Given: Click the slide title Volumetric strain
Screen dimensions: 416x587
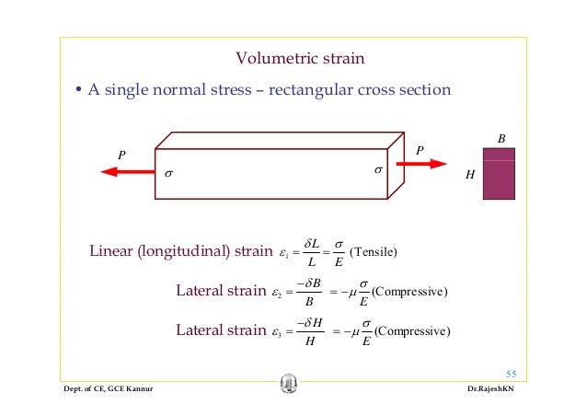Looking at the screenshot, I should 301,60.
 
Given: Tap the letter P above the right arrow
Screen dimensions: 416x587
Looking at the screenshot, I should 420,148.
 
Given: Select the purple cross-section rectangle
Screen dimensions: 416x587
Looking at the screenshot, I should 500,173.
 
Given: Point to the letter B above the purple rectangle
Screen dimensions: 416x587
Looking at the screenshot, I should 501,139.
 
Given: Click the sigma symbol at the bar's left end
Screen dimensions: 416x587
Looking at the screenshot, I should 167,172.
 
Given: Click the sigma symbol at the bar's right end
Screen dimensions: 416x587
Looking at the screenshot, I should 377,170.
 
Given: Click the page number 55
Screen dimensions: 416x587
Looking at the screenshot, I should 512,373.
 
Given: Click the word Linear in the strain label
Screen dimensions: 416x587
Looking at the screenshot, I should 111,252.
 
